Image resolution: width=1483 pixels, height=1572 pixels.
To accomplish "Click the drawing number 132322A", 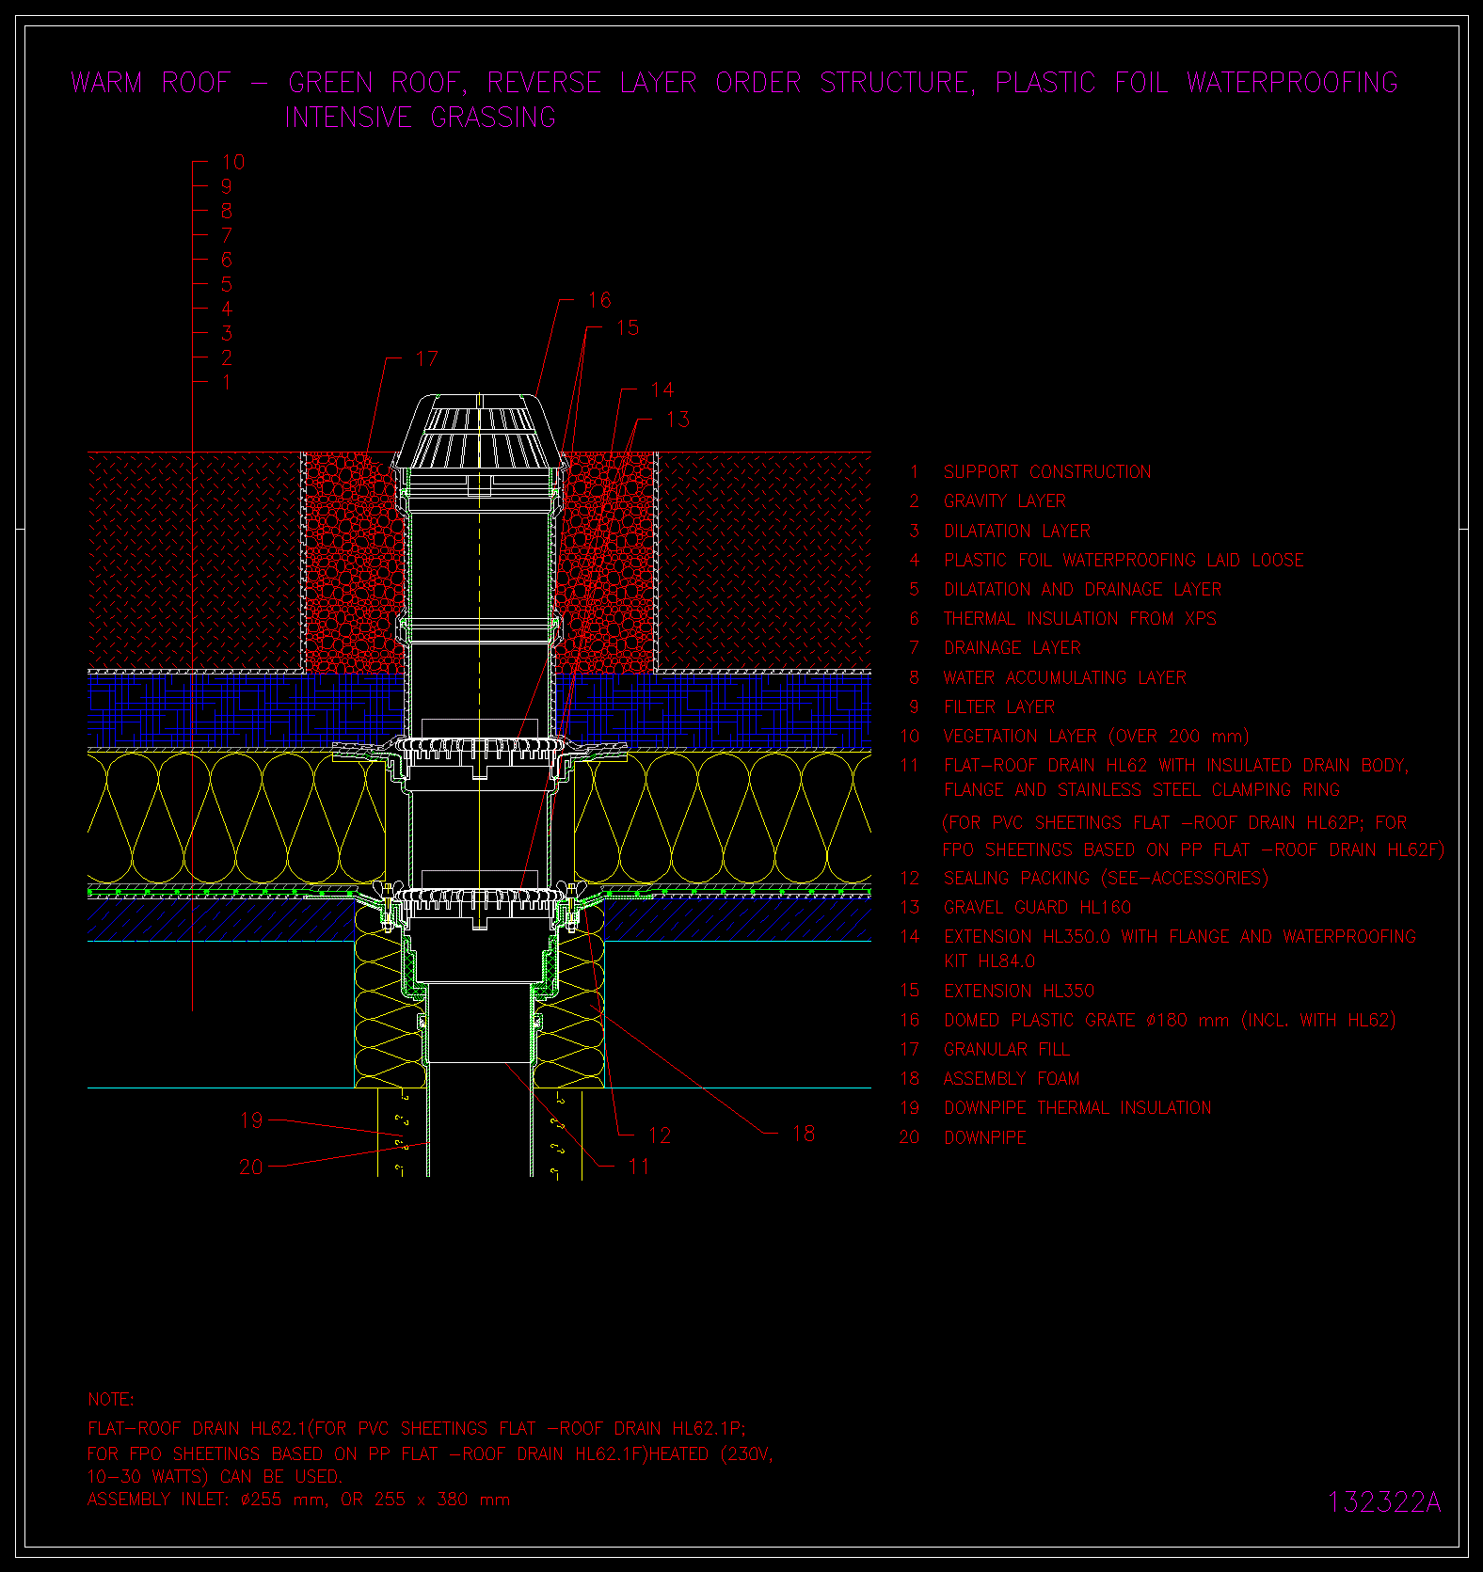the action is tap(1384, 1502).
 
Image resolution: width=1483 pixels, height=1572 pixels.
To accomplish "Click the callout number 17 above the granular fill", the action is tap(426, 358).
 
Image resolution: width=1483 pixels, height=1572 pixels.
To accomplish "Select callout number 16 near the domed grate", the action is tap(599, 300).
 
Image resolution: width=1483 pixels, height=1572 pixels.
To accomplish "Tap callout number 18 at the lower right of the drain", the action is tap(804, 1134).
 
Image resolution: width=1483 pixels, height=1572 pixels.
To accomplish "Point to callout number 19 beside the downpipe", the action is tap(251, 1120).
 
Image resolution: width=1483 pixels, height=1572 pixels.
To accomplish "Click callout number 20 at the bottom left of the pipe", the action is tap(251, 1167).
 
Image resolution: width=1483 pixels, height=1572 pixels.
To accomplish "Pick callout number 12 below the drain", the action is tap(660, 1135).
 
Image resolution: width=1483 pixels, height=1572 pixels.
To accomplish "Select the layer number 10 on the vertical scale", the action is tap(232, 162).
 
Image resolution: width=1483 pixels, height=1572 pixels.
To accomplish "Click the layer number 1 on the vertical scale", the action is tap(226, 382).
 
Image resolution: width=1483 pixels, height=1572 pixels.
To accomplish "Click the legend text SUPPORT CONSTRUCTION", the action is tap(1047, 471).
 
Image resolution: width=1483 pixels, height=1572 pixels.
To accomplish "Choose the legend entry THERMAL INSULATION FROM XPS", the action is tap(1079, 618).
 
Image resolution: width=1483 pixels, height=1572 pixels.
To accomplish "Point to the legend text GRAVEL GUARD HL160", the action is tap(1037, 907).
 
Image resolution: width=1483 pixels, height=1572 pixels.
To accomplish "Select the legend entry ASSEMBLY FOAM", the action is tap(1012, 1078).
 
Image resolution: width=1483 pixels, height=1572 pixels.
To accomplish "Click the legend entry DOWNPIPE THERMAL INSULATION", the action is tap(1077, 1107).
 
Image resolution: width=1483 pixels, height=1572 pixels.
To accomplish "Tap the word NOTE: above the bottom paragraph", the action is tap(111, 1399).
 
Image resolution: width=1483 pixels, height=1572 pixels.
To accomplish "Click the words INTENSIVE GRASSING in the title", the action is tap(420, 118).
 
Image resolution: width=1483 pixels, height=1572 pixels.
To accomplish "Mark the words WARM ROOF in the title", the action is tap(151, 83).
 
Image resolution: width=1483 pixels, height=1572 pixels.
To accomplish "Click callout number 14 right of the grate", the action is tap(662, 389).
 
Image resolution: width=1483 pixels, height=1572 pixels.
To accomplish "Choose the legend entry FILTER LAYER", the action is tap(998, 707).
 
